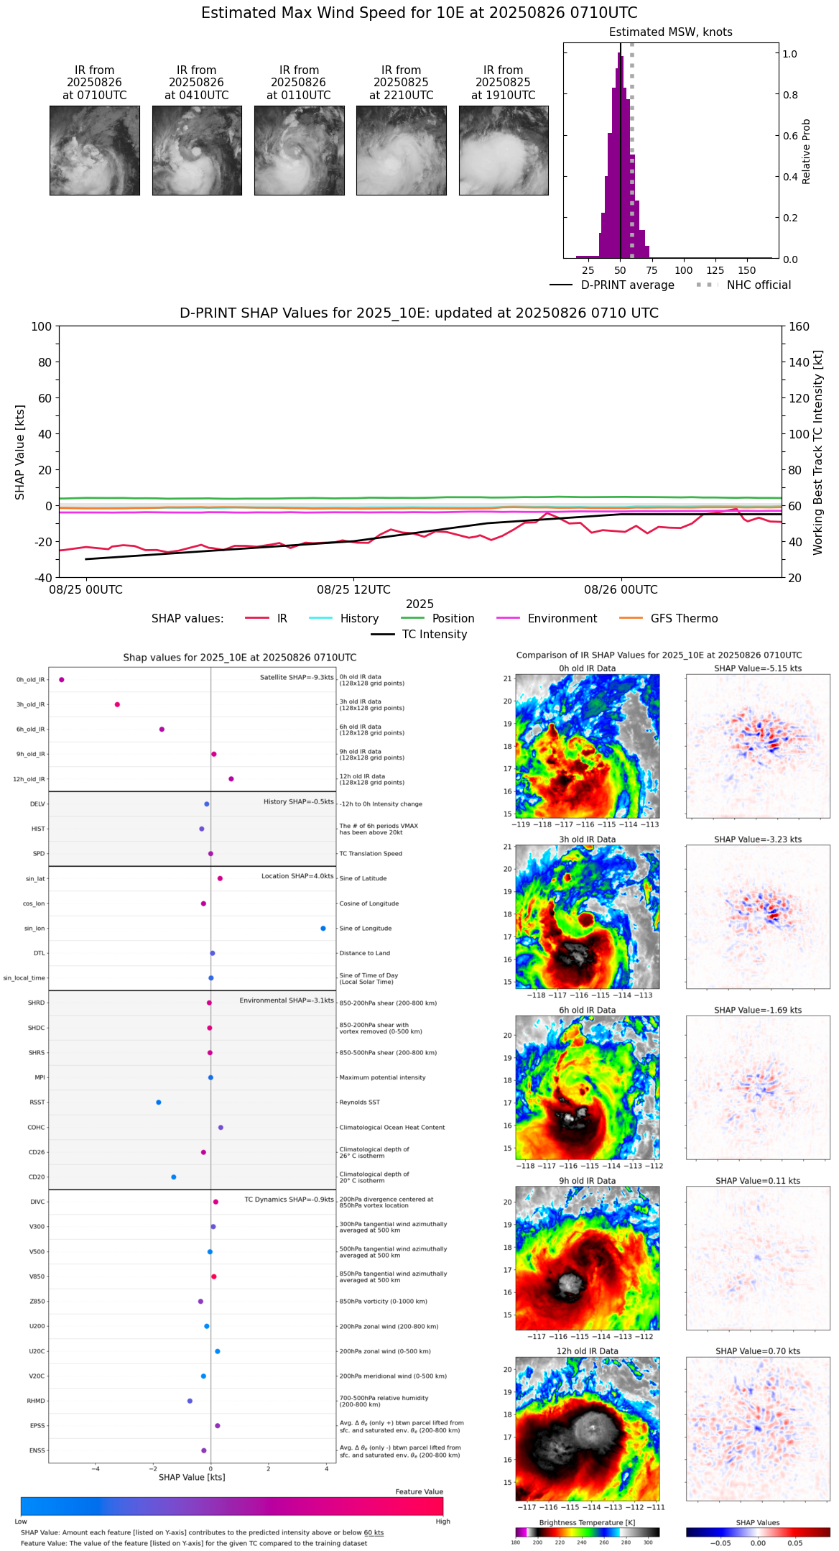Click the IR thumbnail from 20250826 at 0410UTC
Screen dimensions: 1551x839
pos(197,150)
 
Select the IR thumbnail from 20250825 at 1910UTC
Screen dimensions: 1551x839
pos(504,150)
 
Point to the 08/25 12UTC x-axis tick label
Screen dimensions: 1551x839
pos(353,590)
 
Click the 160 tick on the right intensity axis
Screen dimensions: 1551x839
pos(799,326)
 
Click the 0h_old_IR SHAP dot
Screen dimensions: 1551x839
pos(62,679)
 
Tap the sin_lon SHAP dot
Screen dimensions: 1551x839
pos(323,929)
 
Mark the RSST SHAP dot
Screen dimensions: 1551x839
pos(159,1103)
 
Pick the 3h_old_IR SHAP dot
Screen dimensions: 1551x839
pos(117,704)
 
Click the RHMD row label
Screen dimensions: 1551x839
pos(37,1401)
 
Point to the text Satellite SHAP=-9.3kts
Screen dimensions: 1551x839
pos(297,677)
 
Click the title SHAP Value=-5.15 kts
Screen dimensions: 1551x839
pos(758,668)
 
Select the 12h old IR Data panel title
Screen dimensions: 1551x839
pos(587,1351)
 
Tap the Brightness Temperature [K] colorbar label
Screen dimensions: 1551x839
pos(587,1522)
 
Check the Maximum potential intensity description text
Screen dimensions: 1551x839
pos(382,1077)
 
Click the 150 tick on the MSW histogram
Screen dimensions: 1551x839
pos(747,270)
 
